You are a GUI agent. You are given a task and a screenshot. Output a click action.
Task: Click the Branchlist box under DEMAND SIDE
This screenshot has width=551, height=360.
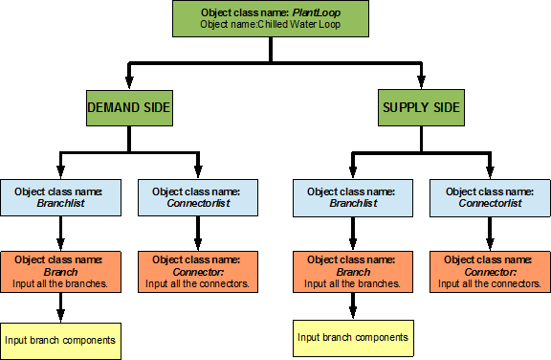61,196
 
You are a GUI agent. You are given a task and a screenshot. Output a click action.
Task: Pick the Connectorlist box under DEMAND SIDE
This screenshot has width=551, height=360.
196,196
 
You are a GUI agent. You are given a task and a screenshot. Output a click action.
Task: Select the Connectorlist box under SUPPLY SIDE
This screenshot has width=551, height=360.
489,196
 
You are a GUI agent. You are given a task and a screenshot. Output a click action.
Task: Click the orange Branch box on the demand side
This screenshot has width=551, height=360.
61,271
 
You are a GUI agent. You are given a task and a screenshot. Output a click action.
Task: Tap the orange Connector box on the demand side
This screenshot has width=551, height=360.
196,271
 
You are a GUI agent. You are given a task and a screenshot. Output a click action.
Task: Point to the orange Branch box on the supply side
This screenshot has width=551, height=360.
354,271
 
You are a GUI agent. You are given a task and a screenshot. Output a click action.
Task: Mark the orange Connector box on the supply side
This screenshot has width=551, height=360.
489,271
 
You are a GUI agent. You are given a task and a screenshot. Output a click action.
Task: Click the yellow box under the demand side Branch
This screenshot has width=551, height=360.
61,340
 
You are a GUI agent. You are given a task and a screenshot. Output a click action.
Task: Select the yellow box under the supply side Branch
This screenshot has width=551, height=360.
354,336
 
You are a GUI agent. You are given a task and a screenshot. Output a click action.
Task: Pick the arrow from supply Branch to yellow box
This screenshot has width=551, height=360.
354,305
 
